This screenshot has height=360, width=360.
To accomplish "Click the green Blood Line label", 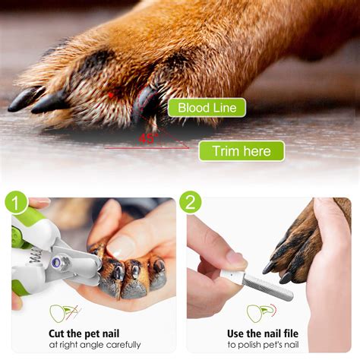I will [x=207, y=107].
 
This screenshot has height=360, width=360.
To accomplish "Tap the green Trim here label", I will [x=241, y=151].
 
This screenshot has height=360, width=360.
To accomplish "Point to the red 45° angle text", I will [x=147, y=138].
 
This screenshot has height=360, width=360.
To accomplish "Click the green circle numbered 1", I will [x=17, y=203].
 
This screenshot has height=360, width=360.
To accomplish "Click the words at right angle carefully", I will [x=84, y=346].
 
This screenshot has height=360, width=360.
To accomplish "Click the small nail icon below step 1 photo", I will [x=63, y=311].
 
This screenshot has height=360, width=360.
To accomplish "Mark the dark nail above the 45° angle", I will [x=145, y=107].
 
